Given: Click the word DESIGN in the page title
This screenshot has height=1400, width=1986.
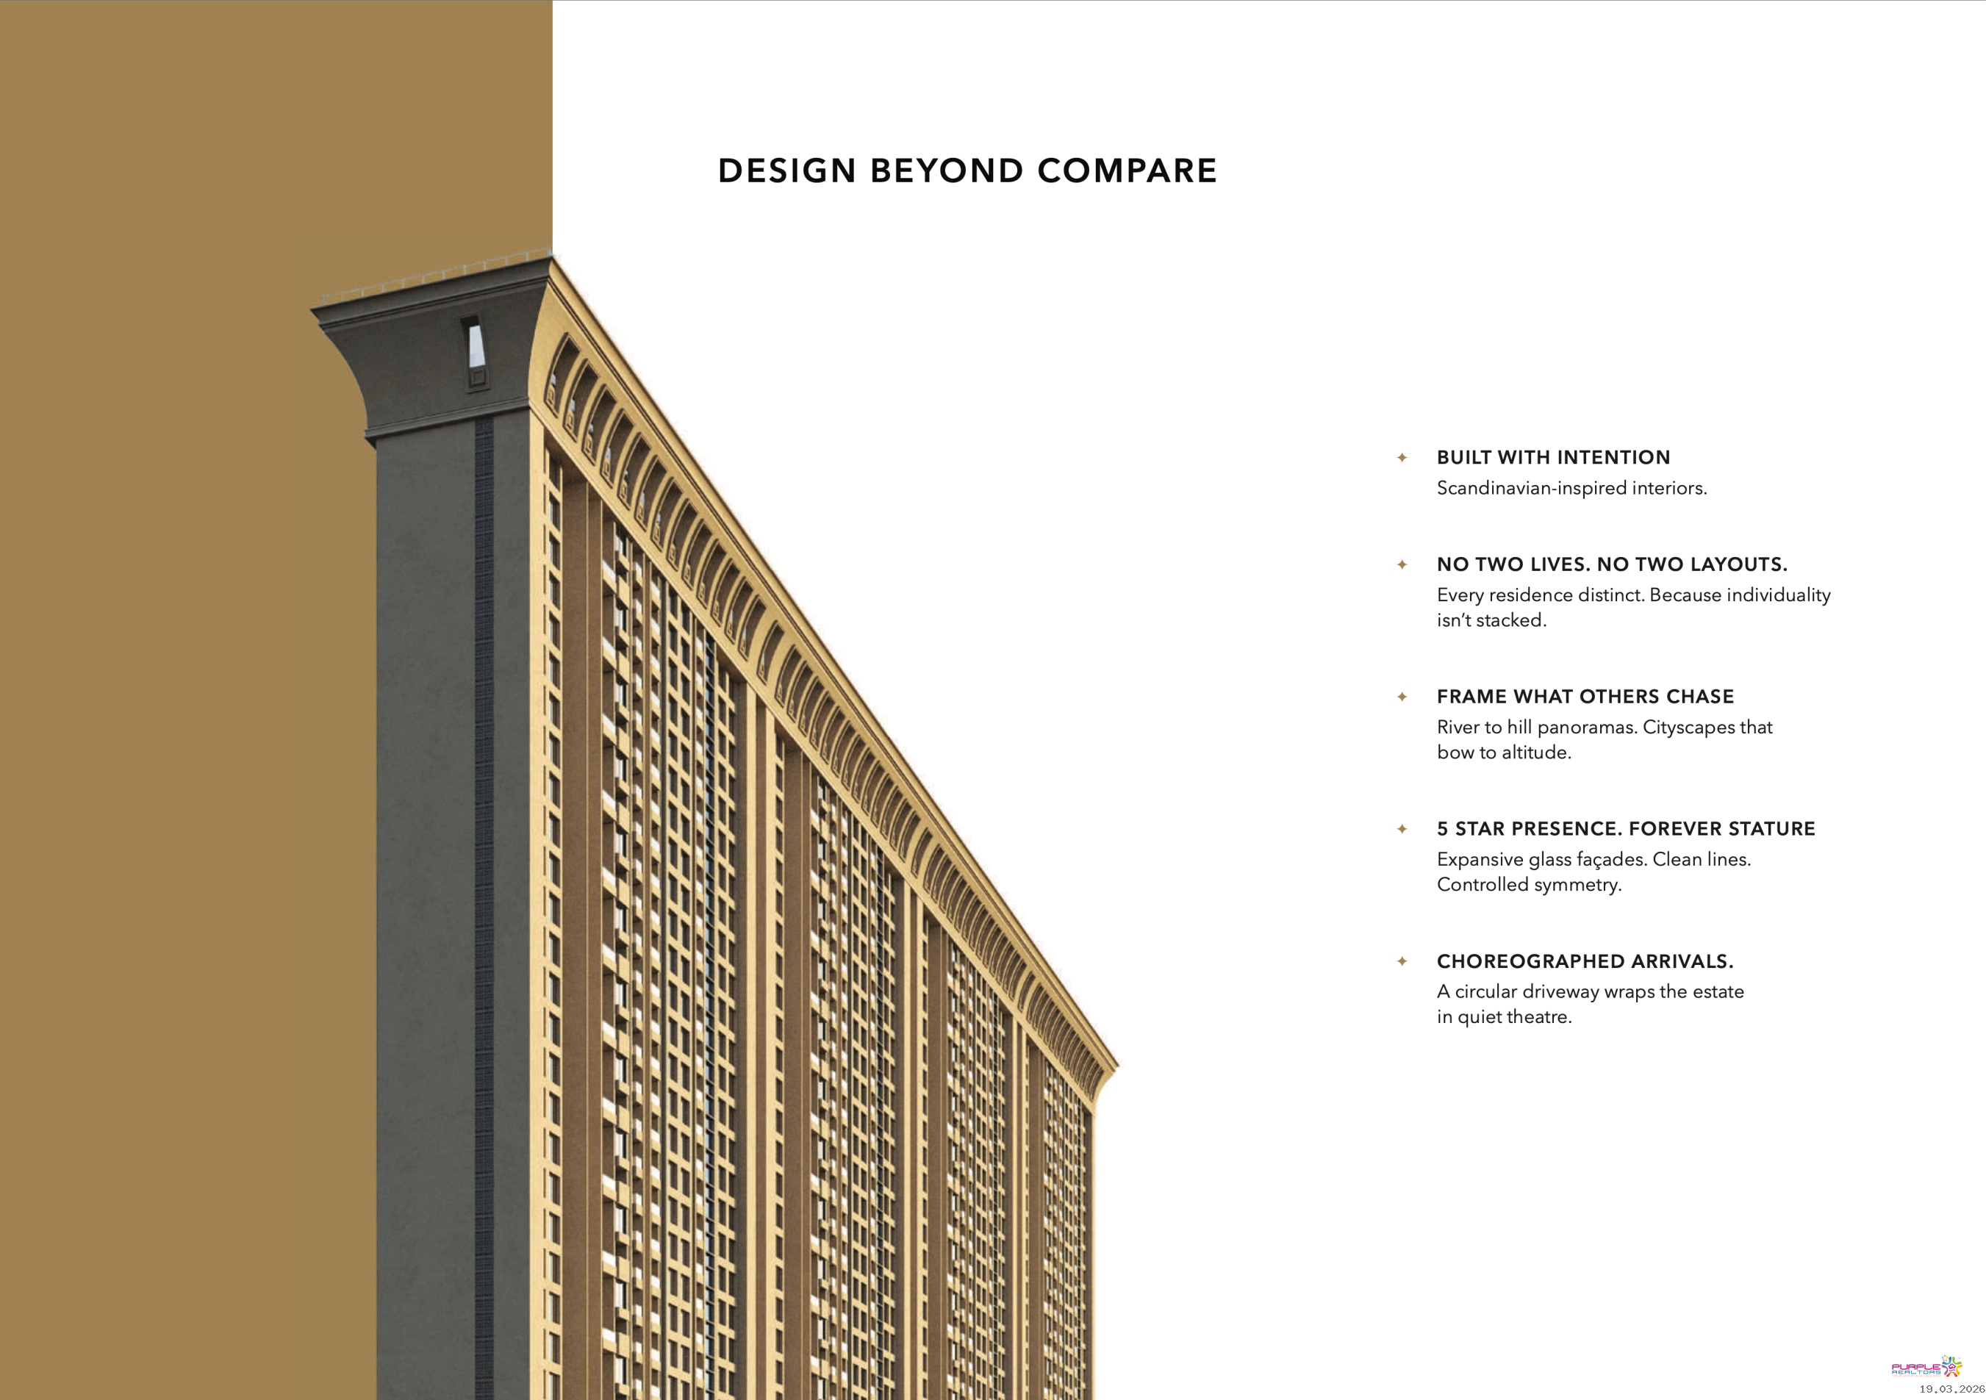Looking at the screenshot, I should (x=786, y=171).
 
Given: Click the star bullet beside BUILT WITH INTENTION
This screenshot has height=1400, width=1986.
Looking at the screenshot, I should (x=1402, y=457).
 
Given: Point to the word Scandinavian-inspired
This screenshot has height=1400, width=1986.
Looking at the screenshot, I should (x=1531, y=489).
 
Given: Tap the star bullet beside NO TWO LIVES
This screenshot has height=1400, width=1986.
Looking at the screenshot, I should (x=1402, y=564).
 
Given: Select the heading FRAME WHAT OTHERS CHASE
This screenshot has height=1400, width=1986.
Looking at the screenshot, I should (x=1585, y=697).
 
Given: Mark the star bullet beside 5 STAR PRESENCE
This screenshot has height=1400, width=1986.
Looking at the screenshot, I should (x=1402, y=829).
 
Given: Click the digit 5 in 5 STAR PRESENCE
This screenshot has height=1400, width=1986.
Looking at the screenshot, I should (x=1442, y=829).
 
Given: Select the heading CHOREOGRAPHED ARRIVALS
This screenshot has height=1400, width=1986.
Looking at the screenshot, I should (x=1585, y=961).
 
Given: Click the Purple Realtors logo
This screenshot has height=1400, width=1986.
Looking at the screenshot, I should (x=1926, y=1367).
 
